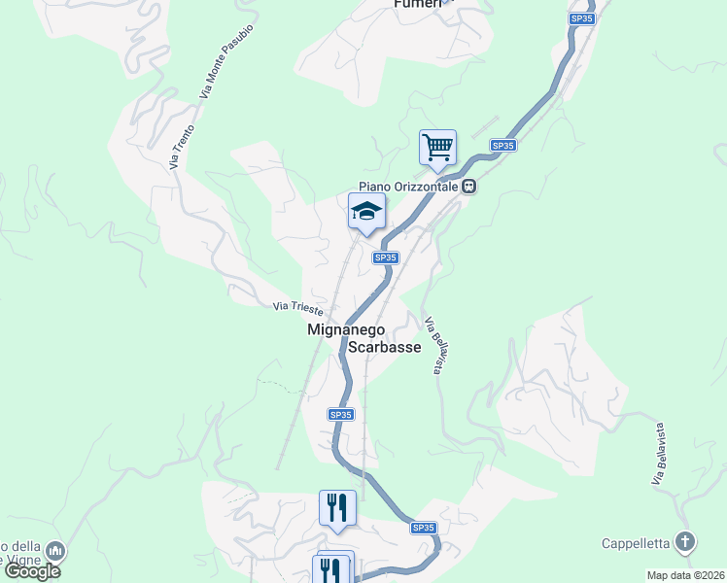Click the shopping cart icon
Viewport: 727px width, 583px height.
pos(437,149)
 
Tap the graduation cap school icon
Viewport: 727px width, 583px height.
pos(366,212)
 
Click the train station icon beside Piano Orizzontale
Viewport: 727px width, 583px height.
pos(468,187)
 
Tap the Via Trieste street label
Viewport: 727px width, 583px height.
pos(297,307)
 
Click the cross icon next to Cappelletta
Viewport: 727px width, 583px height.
pos(685,542)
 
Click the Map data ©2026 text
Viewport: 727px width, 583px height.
pos(685,575)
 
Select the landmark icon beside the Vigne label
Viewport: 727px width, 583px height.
pos(55,552)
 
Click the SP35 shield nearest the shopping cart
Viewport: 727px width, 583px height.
pos(502,145)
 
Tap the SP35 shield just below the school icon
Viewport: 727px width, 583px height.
pos(385,257)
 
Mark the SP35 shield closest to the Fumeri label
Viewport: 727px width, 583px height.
pos(581,18)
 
